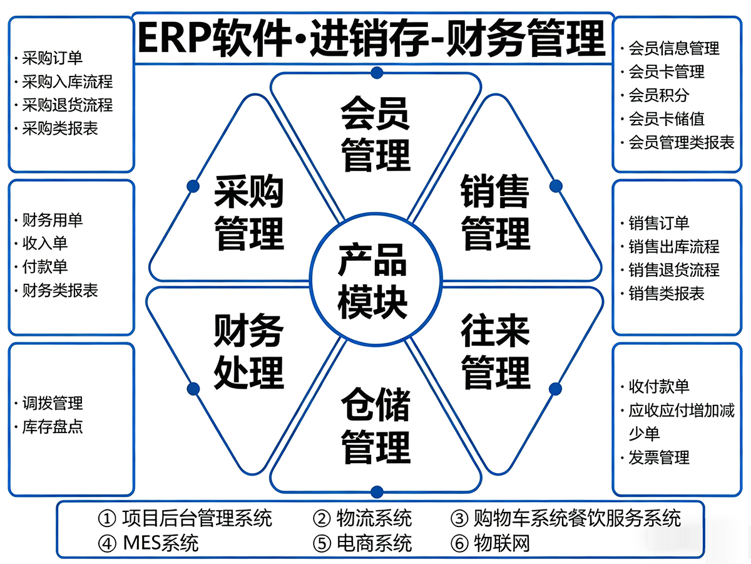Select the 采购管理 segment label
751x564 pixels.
pyautogui.click(x=249, y=212)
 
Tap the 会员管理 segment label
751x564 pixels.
pyautogui.click(x=375, y=134)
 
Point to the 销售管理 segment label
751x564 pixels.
pyautogui.click(x=496, y=212)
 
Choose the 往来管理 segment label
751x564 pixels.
pyautogui.click(x=496, y=351)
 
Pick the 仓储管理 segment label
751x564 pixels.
pyautogui.click(x=375, y=426)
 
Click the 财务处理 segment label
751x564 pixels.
pyautogui.click(x=249, y=351)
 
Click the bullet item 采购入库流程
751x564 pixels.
pyautogui.click(x=68, y=81)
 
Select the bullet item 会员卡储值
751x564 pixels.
pyautogui.click(x=667, y=119)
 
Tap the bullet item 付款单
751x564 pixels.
pyautogui.click(x=45, y=267)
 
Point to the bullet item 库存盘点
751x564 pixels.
pyautogui.click(x=53, y=427)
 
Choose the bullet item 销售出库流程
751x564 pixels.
pyautogui.click(x=674, y=246)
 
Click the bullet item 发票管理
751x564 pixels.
pyautogui.click(x=659, y=458)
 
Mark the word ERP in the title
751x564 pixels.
pyautogui.click(x=175, y=38)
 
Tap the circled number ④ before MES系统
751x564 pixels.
pyautogui.click(x=107, y=543)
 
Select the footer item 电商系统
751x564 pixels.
pyautogui.click(x=374, y=543)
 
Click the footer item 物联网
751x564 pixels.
pyautogui.click(x=501, y=543)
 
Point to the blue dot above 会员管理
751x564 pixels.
pyautogui.click(x=377, y=73)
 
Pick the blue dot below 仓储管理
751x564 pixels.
pyautogui.click(x=377, y=492)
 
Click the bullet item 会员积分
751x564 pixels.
pyautogui.click(x=659, y=95)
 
